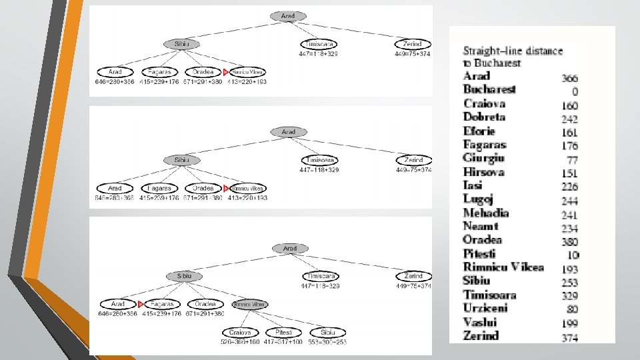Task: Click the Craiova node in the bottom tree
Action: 239,332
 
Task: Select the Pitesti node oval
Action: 284,332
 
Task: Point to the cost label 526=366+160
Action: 239,342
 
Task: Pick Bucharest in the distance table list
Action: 489,89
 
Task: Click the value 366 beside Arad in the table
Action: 569,78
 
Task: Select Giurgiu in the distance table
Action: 483,158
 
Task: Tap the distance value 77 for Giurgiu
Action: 571,160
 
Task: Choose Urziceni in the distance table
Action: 485,308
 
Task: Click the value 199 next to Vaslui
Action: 569,323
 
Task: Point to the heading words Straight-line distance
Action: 513,51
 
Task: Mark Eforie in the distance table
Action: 479,131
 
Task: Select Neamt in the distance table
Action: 481,226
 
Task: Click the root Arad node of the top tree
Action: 288,15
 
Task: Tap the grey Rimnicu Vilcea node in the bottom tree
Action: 249,304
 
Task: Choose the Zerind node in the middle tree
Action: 413,160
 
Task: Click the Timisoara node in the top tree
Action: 319,44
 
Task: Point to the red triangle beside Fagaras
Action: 141,304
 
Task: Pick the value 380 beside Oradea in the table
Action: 569,242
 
